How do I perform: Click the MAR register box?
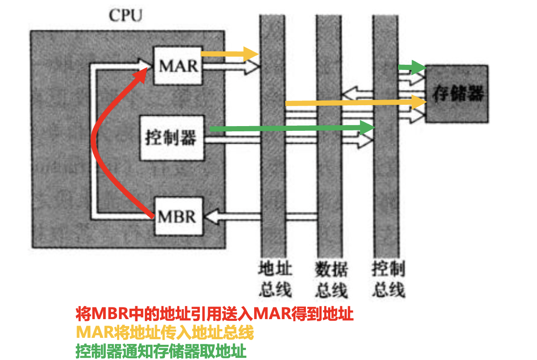click(178, 66)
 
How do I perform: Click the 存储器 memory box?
click(457, 94)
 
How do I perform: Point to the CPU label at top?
click(125, 16)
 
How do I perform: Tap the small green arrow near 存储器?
click(411, 67)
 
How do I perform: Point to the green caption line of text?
click(161, 350)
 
